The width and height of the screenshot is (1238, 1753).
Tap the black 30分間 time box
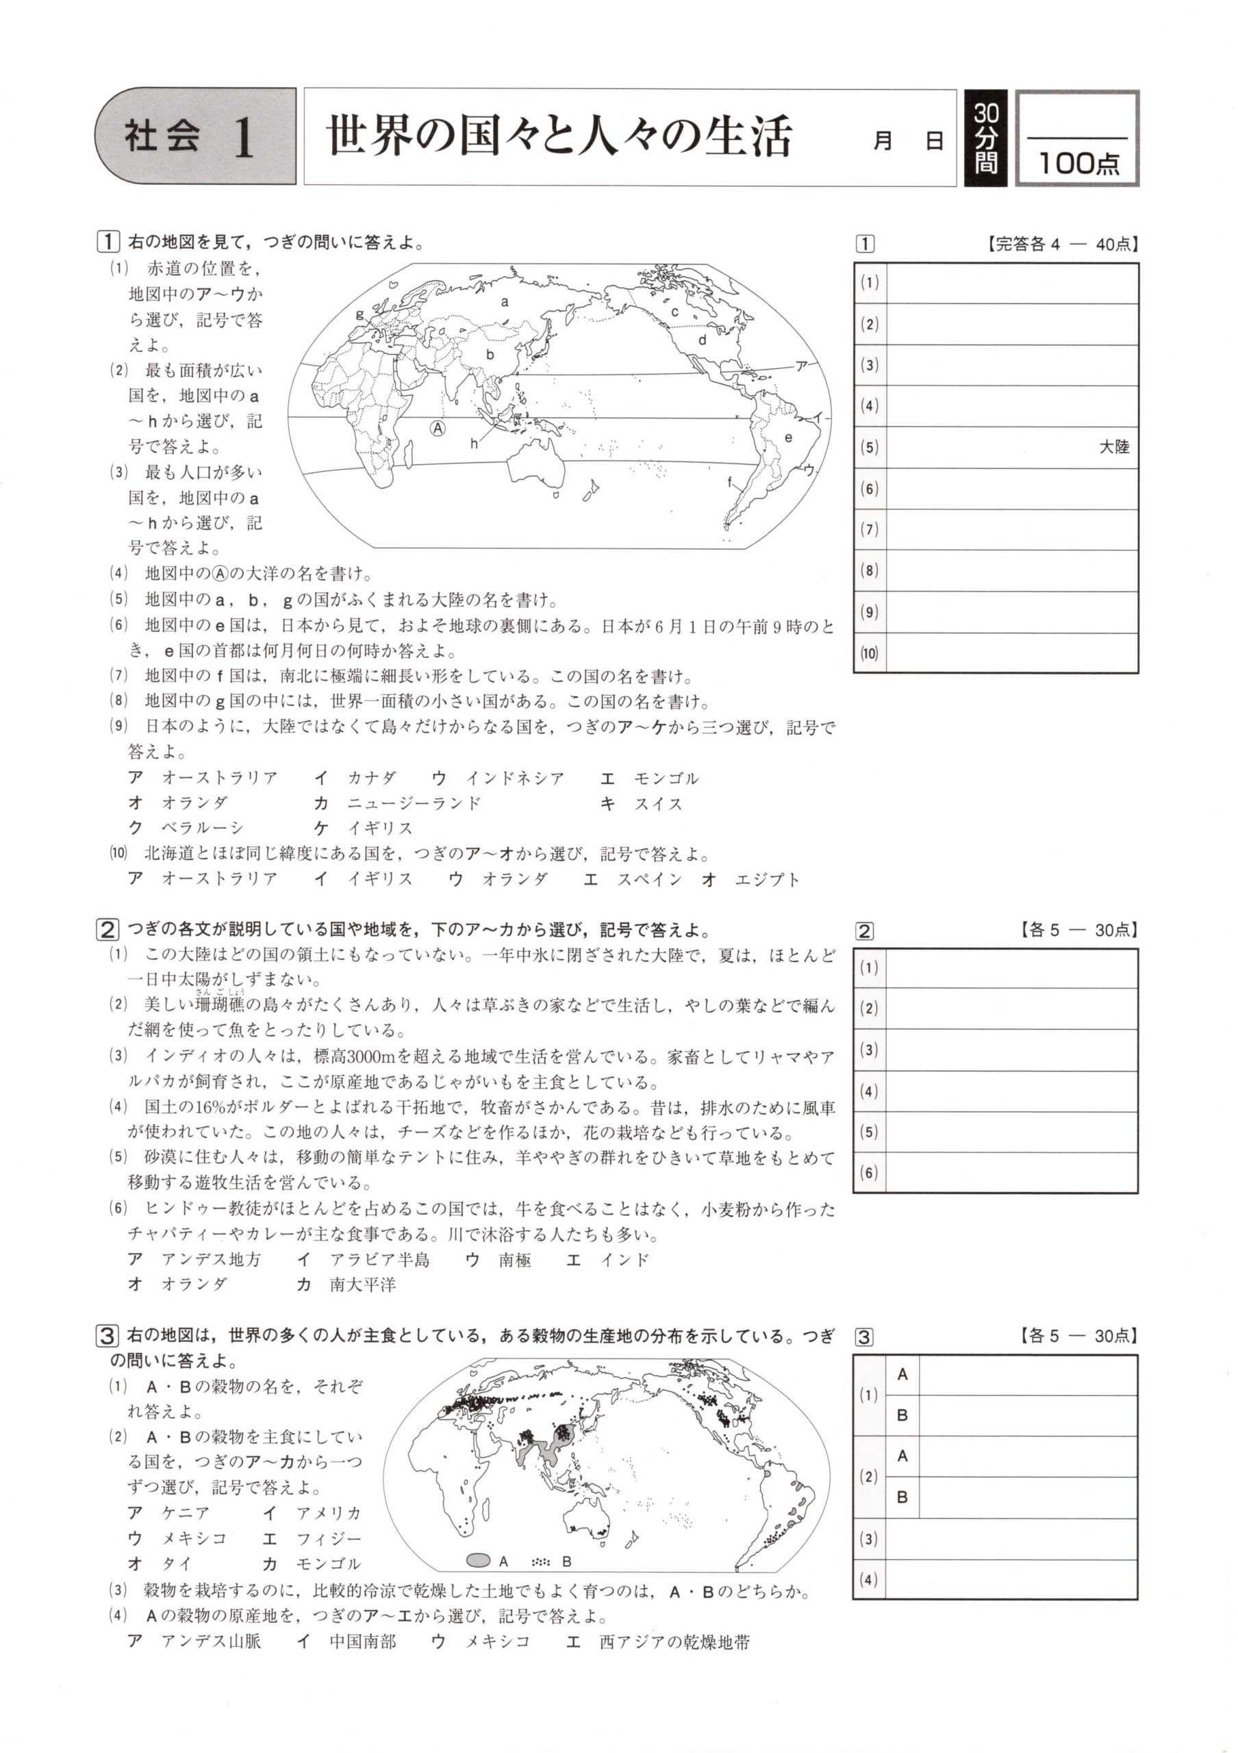tap(985, 138)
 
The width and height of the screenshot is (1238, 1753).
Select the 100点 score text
tap(1078, 162)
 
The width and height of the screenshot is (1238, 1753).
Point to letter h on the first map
tap(474, 444)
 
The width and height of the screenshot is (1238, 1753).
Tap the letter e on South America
tap(787, 438)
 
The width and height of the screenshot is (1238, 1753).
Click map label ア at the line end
tap(801, 366)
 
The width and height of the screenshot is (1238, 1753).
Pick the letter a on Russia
tap(505, 301)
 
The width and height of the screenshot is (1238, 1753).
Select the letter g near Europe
tap(359, 314)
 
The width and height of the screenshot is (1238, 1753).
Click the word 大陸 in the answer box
tap(1113, 447)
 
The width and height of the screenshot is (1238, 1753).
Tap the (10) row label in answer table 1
tap(870, 653)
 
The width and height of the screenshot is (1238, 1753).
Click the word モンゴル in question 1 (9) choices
tap(666, 778)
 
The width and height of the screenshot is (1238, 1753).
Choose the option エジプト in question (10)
tap(766, 879)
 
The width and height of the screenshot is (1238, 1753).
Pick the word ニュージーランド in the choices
tap(414, 803)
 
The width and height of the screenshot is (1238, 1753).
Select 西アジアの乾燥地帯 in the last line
tap(674, 1641)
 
